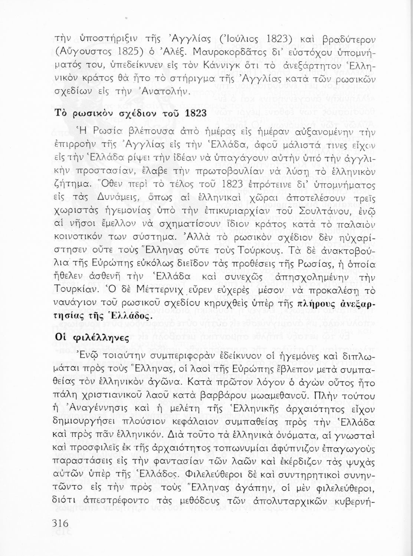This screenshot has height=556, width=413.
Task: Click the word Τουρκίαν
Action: [76, 288]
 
